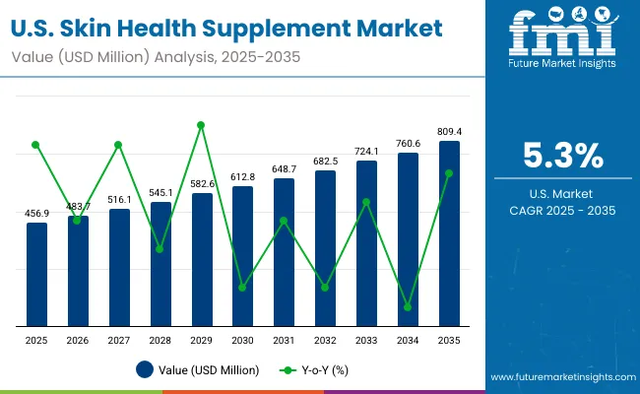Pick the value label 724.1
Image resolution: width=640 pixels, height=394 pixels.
[x=366, y=151]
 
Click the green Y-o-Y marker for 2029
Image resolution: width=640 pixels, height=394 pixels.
[x=201, y=125]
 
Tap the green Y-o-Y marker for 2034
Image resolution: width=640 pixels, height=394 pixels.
[x=408, y=307]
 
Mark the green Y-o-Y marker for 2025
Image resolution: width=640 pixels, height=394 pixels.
[x=36, y=145]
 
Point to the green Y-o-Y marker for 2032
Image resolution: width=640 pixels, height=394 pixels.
[x=325, y=288]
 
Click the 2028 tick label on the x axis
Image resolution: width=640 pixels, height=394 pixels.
[x=160, y=340]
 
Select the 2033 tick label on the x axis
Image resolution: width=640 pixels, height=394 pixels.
[x=366, y=340]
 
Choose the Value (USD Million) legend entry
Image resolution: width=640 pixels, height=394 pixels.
[x=198, y=370]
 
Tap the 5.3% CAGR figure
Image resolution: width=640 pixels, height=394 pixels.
[x=562, y=155]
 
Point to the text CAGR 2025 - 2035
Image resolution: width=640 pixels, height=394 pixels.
[x=562, y=211]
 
